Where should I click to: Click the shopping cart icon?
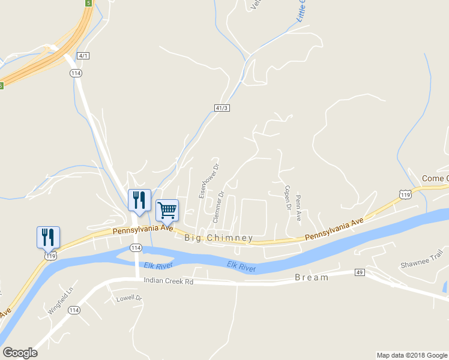tap(167, 210)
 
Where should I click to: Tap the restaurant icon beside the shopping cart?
tap(139, 200)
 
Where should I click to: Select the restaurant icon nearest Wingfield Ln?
tap(48, 237)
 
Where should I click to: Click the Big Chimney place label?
tap(218, 238)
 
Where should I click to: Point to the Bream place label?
tap(312, 278)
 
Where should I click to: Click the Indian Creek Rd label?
tap(168, 281)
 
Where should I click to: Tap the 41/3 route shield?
tap(221, 107)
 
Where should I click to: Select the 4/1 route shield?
tap(83, 56)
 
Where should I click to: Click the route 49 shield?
tap(360, 273)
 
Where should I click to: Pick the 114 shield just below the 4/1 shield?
tap(76, 73)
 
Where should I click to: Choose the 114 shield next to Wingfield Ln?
tap(74, 310)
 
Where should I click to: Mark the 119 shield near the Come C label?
tap(405, 194)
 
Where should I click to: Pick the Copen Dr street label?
tap(288, 197)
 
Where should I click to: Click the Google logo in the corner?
tap(20, 353)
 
